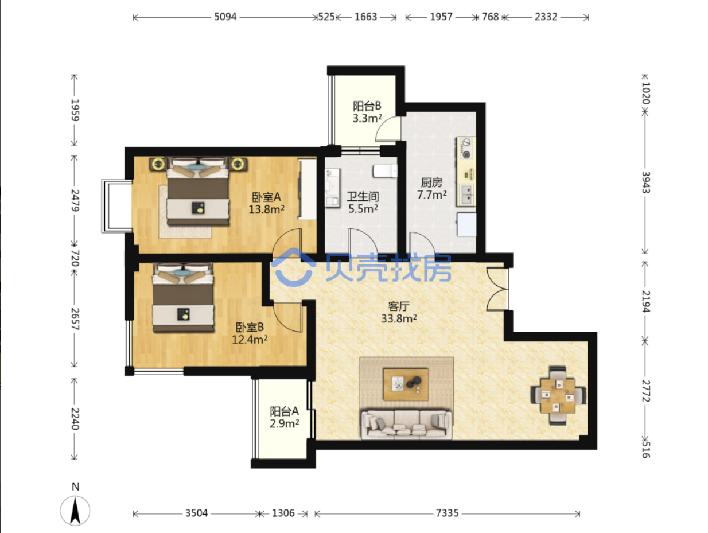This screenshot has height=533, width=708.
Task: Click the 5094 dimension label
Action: (225, 17)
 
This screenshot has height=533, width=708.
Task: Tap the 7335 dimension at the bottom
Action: (447, 513)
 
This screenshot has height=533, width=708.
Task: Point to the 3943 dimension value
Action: (645, 182)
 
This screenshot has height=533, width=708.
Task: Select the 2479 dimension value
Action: (75, 200)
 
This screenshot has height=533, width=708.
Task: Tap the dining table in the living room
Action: (558, 396)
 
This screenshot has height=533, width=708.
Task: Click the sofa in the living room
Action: (406, 424)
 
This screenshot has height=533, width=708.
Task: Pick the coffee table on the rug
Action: (406, 384)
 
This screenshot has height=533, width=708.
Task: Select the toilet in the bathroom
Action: (385, 171)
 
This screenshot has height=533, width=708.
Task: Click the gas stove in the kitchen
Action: (466, 149)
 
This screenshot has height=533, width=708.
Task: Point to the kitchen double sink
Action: (466, 194)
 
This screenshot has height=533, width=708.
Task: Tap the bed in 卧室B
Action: (183, 297)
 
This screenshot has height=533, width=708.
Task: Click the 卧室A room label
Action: (266, 197)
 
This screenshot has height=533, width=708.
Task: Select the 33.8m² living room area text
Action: (399, 318)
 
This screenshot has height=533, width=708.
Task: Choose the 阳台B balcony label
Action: (367, 106)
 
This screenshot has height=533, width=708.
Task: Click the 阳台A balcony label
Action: (284, 411)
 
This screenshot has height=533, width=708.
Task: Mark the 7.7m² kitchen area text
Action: (432, 194)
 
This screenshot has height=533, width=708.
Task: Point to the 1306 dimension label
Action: (283, 513)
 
